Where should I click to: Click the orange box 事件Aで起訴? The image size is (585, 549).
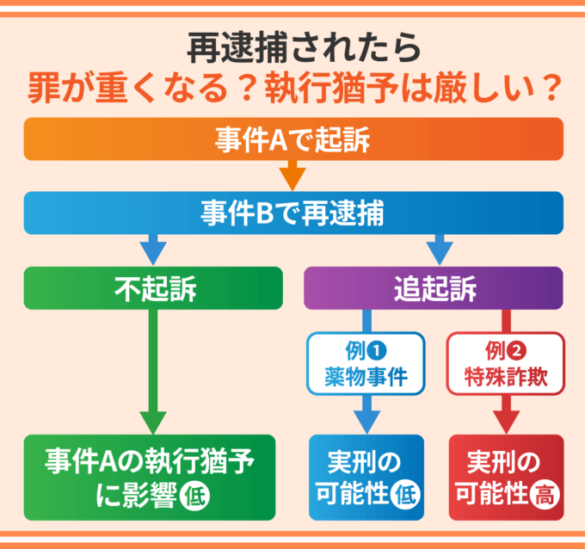click(x=292, y=139)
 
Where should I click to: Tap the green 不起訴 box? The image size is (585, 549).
click(x=153, y=288)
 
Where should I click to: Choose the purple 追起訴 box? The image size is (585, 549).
click(x=434, y=288)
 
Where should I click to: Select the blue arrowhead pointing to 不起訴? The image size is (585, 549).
click(x=153, y=253)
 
